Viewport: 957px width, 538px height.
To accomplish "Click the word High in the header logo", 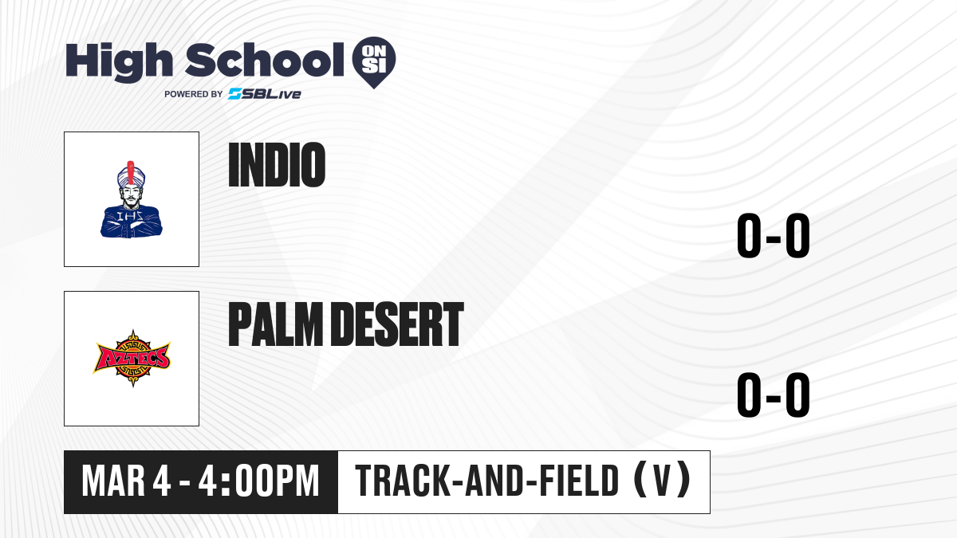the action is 119,62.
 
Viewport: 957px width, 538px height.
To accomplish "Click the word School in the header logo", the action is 265,60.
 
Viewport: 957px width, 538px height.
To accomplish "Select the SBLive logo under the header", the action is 265,94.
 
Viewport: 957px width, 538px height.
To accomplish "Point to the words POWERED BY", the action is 194,94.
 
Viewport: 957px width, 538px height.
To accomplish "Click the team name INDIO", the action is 277,165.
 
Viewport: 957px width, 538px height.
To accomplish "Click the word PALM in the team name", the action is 276,324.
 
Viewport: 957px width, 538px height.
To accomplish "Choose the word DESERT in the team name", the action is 398,324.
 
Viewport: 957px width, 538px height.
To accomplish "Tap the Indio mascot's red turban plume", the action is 131,172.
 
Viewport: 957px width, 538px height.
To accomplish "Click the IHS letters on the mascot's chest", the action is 130,217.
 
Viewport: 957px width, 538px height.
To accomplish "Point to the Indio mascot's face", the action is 131,194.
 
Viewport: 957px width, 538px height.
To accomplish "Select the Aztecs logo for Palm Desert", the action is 132,358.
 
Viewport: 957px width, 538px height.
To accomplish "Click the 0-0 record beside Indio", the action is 774,235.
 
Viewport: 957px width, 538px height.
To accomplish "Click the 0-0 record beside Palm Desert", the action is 774,395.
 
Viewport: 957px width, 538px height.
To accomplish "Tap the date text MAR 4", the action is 126,481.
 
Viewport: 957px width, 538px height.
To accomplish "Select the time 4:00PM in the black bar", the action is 259,481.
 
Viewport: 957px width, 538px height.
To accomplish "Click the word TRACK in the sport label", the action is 403,481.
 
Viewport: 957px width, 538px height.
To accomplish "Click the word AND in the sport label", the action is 494,481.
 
